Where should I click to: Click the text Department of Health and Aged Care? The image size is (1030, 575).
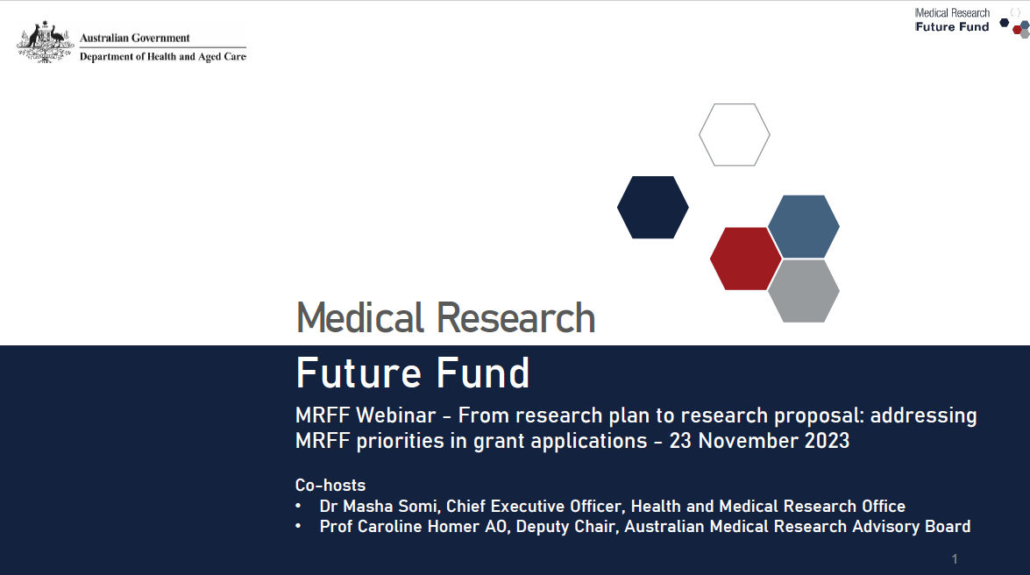click(162, 57)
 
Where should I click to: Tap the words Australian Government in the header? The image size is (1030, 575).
click(134, 38)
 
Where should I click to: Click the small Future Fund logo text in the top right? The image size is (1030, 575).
click(952, 27)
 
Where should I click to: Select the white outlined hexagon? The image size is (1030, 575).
click(735, 135)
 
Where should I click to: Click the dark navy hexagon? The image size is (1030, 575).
click(653, 207)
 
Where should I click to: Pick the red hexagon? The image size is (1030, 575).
click(745, 259)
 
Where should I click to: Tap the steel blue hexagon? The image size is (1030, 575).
click(804, 226)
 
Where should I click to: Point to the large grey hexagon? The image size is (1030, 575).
click(804, 291)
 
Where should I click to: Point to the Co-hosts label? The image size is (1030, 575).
click(330, 485)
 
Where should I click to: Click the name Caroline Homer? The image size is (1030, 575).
click(402, 527)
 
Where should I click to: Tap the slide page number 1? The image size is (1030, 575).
click(955, 559)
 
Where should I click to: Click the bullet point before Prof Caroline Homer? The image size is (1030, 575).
click(299, 527)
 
